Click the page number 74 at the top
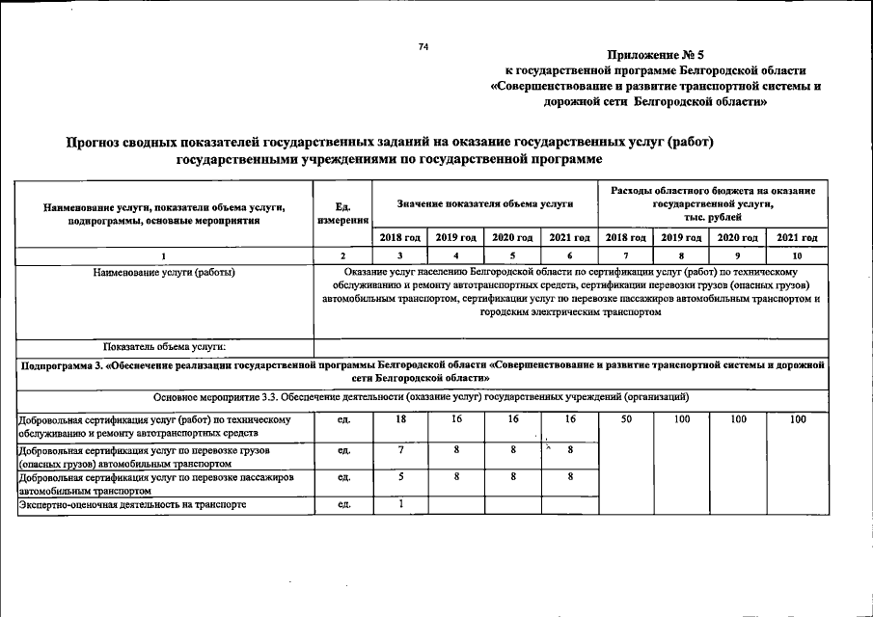pyautogui.click(x=423, y=47)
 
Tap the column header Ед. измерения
pyautogui.click(x=342, y=213)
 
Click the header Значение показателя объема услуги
pyautogui.click(x=484, y=204)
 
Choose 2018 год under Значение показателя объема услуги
pyautogui.click(x=399, y=237)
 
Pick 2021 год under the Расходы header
pyautogui.click(x=797, y=237)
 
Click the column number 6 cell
pyautogui.click(x=569, y=255)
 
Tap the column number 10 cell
pyautogui.click(x=797, y=255)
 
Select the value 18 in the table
pyautogui.click(x=399, y=420)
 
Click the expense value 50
pyautogui.click(x=626, y=420)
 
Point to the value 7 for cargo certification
pyautogui.click(x=399, y=450)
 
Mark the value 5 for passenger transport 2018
pyautogui.click(x=399, y=477)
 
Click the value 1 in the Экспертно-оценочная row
pyautogui.click(x=399, y=504)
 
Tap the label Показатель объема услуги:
pyautogui.click(x=164, y=346)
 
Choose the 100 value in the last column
pyautogui.click(x=797, y=420)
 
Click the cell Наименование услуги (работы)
pyautogui.click(x=164, y=272)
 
